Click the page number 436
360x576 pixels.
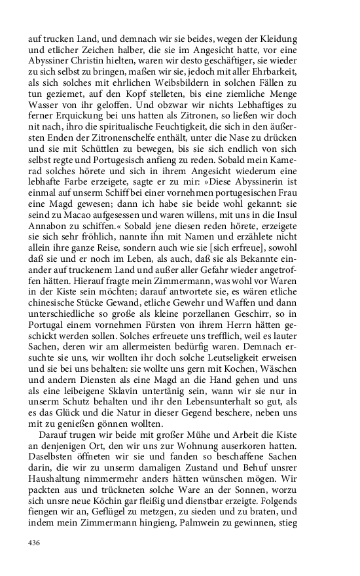click(x=34, y=543)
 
